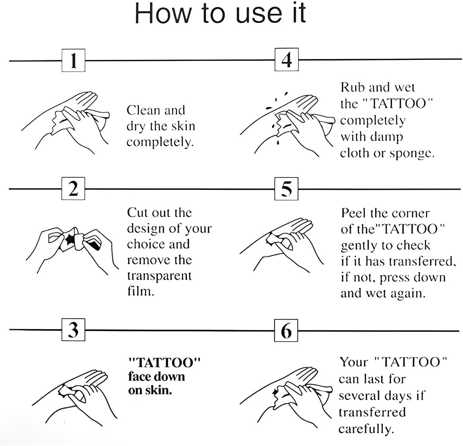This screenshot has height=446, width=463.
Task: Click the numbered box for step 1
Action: (74, 60)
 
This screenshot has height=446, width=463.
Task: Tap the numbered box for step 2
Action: (73, 188)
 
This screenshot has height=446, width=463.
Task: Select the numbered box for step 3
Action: (73, 330)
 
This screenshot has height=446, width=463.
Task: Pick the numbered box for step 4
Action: (286, 60)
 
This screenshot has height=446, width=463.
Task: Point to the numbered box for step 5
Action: (286, 189)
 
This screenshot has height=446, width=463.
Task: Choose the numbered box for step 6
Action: (286, 330)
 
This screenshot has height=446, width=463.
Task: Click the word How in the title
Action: (162, 13)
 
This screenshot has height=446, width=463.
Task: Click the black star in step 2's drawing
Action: (70, 239)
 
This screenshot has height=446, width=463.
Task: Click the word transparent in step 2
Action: (160, 276)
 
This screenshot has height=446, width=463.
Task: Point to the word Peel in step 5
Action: (353, 213)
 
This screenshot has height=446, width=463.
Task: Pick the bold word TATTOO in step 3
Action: (165, 362)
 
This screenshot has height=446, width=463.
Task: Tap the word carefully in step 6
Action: (366, 429)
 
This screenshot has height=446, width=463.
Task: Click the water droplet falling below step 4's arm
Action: (278, 143)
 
